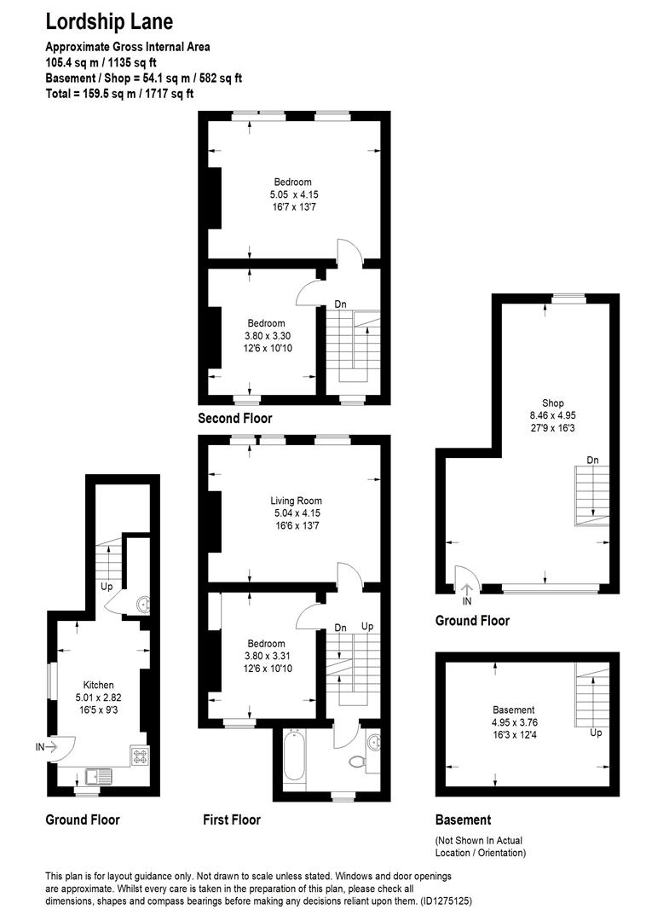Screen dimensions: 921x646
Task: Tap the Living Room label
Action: pos(296,501)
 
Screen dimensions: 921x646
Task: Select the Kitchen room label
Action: pos(98,685)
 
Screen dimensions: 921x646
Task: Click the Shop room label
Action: pos(552,403)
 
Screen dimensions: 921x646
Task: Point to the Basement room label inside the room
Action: pos(514,710)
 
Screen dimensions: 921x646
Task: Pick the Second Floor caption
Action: pos(235,418)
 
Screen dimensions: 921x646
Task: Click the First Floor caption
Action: pos(232,820)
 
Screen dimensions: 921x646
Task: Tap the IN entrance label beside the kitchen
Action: pos(40,747)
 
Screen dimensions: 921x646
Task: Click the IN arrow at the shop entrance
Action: pos(466,587)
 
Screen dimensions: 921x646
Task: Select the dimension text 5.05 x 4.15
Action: pos(294,194)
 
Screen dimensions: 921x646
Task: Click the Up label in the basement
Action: pos(596,733)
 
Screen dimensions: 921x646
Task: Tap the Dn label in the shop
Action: pos(592,460)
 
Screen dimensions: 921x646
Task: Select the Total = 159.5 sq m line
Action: pos(119,93)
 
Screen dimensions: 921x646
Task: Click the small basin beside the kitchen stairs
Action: pos(140,605)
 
